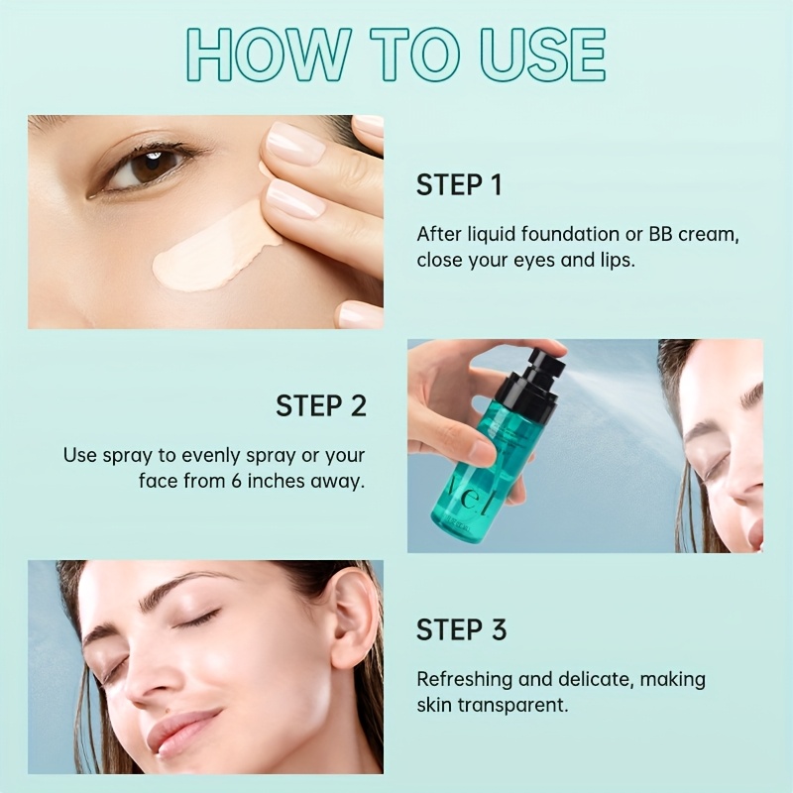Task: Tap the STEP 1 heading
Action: (459, 184)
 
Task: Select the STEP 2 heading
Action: (321, 405)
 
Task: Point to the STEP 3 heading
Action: (461, 629)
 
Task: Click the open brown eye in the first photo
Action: (144, 170)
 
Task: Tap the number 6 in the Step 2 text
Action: (236, 481)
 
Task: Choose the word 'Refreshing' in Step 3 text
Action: (465, 680)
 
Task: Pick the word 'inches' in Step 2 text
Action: (277, 481)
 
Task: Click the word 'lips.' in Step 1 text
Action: (617, 261)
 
